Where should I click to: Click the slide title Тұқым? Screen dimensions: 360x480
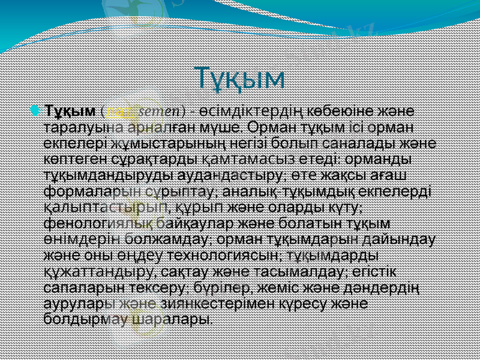click(240, 77)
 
